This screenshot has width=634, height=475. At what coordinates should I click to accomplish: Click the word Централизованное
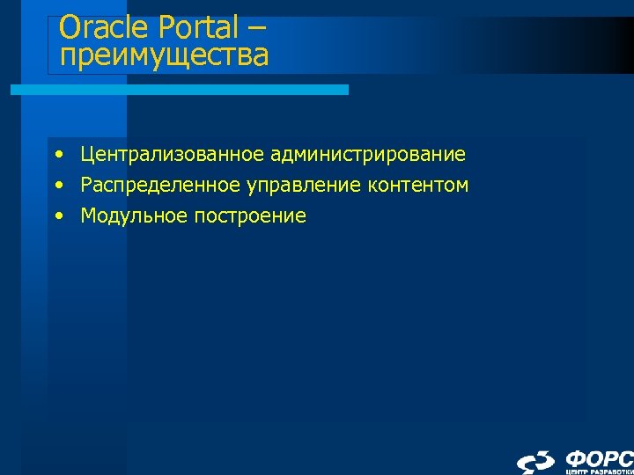tap(173, 156)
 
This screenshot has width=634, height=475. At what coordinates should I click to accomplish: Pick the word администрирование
tap(369, 156)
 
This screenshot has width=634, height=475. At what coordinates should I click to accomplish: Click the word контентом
tap(419, 186)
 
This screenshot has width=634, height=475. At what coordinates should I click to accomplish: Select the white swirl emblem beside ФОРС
tap(536, 463)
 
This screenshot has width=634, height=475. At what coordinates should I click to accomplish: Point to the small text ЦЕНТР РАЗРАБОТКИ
tap(599, 472)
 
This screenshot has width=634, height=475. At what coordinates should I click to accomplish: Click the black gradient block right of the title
tap(564, 44)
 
